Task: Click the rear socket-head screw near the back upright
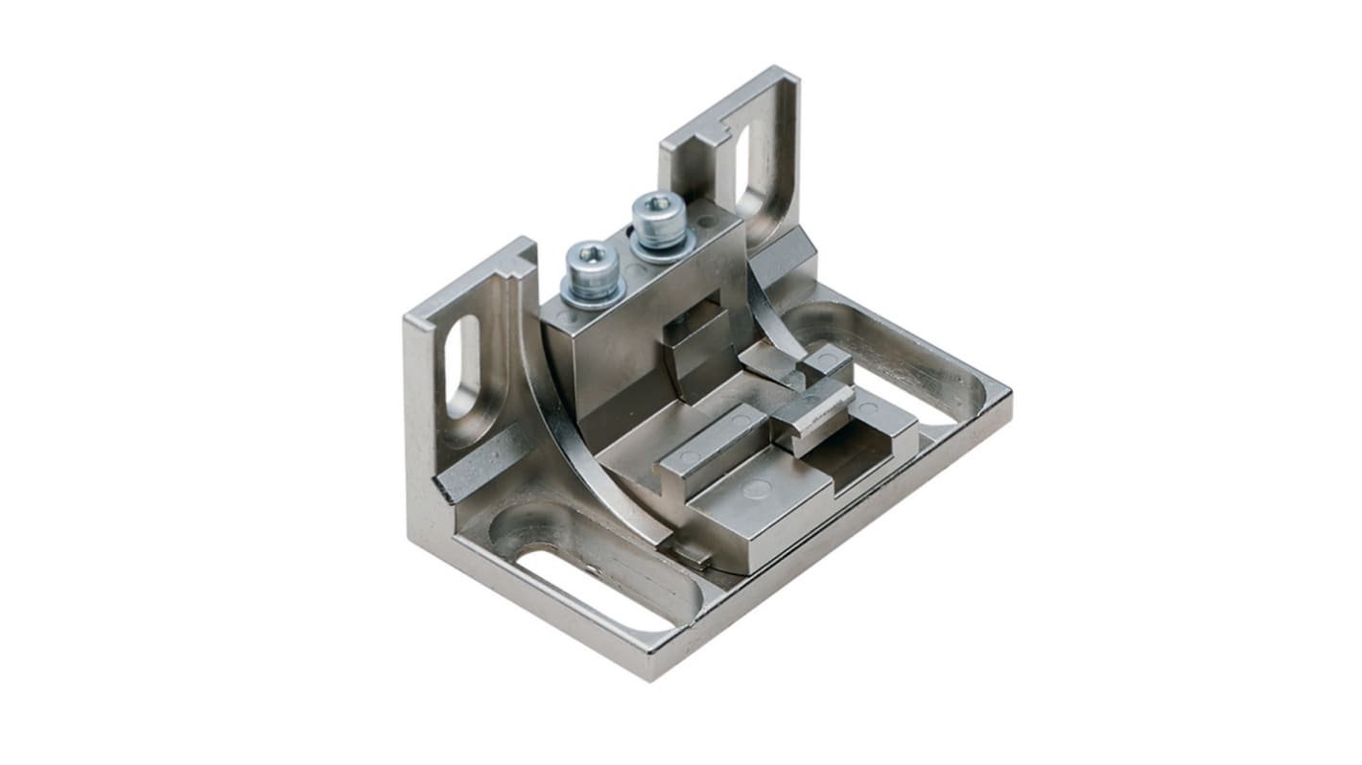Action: (x=657, y=219)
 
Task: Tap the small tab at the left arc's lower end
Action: (x=689, y=553)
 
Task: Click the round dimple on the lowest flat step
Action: (x=757, y=490)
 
